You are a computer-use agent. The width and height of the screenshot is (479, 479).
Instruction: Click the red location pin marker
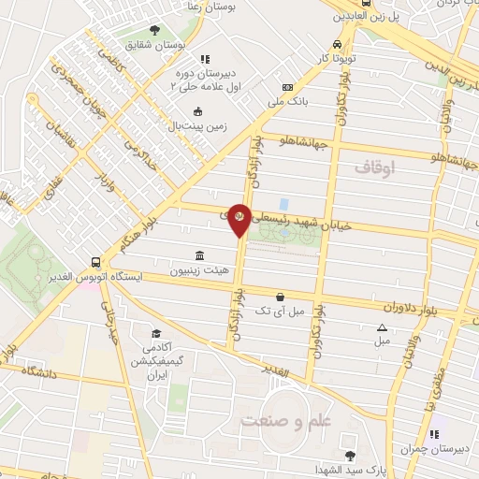239,218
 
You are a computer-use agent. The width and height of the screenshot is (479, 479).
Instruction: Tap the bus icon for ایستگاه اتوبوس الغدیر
95,263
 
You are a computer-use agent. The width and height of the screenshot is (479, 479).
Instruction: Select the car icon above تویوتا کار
337,44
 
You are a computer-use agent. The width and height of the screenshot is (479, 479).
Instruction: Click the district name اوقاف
377,167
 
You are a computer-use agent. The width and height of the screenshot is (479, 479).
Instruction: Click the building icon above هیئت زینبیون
199,255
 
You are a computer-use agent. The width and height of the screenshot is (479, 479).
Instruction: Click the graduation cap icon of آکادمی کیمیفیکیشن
157,334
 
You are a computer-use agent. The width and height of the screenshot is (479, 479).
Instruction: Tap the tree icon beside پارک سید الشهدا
350,455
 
